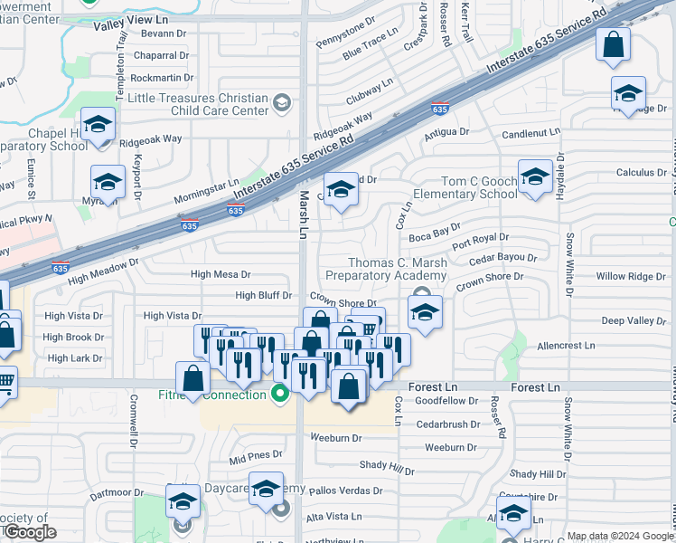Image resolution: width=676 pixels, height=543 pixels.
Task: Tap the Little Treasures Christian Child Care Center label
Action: point(199,104)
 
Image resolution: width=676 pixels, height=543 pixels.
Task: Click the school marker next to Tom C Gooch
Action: point(535,177)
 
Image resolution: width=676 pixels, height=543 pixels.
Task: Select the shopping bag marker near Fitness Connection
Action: point(193,379)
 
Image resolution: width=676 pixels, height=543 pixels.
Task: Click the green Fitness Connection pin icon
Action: point(280,394)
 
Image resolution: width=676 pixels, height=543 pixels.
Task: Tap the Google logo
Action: point(29,532)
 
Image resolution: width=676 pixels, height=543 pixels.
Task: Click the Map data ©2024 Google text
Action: point(620,536)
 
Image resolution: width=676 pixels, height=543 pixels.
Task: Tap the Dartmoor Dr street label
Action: point(114,495)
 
